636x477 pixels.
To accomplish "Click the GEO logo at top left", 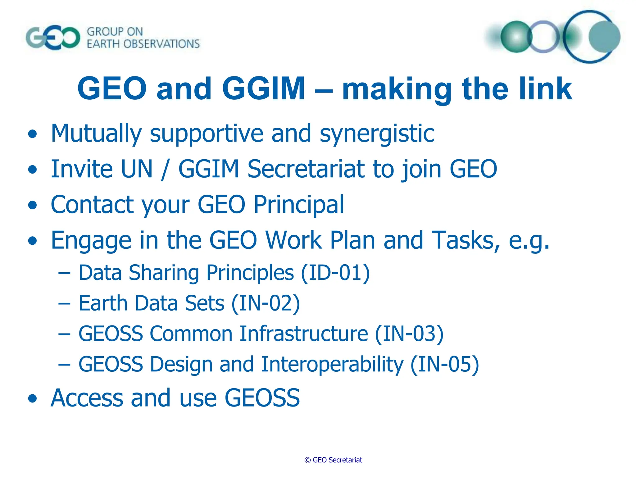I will pos(53,38).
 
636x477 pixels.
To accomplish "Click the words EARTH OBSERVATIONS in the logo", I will pos(143,44).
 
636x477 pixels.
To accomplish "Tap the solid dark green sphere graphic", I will pos(516,37).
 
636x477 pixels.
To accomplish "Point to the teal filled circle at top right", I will pos(604,37).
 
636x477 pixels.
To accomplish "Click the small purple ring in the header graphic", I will pos(543,37).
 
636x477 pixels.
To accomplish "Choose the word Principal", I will pos(298,205).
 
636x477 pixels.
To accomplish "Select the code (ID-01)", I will pos(335,273).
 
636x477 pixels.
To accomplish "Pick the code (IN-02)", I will pos(266,303).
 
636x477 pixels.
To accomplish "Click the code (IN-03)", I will pos(409,334).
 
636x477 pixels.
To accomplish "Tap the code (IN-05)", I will pos(445,364).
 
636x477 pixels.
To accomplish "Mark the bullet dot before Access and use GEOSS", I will pos(32,399).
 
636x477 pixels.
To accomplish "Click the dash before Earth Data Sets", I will pos(64,303).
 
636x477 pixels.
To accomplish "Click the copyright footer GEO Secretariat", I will pos(333,460).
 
